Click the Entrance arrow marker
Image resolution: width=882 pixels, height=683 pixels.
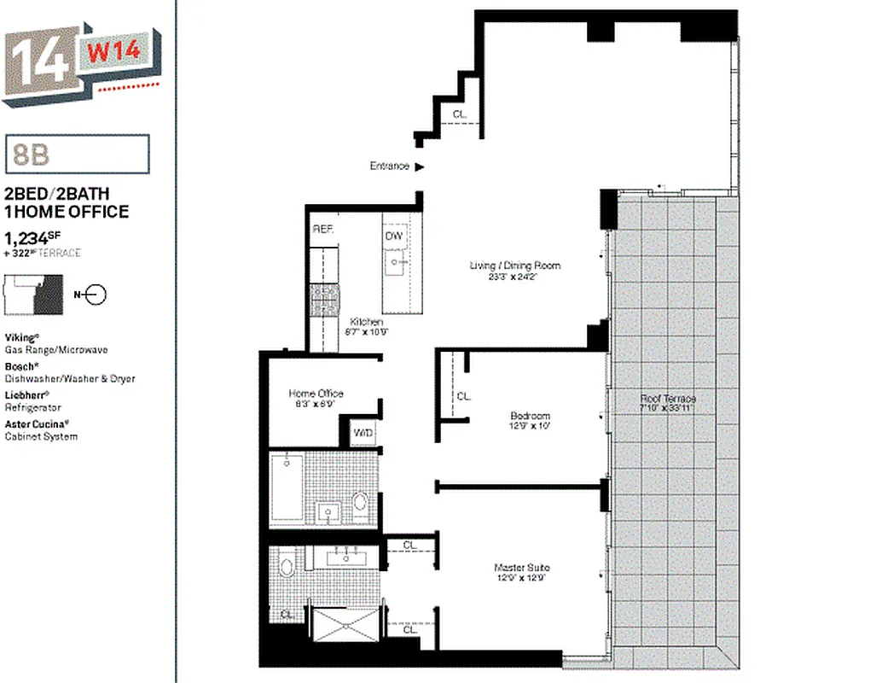(x=419, y=167)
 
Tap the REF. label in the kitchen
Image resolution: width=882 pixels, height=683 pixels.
(x=322, y=230)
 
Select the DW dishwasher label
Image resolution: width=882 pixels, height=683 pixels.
(x=393, y=236)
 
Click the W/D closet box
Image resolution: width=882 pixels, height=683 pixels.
(x=364, y=434)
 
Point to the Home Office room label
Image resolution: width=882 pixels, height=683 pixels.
(x=316, y=394)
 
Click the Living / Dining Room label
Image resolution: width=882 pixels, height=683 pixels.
(x=515, y=266)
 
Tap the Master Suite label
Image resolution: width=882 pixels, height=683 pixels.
(x=522, y=568)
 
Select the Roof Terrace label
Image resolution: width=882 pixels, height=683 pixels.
(x=668, y=399)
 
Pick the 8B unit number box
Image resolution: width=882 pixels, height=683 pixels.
(x=78, y=155)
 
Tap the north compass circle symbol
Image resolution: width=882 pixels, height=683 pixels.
(x=96, y=295)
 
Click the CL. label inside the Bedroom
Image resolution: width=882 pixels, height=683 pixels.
(x=463, y=396)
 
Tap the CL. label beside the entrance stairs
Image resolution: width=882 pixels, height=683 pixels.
(x=460, y=114)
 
